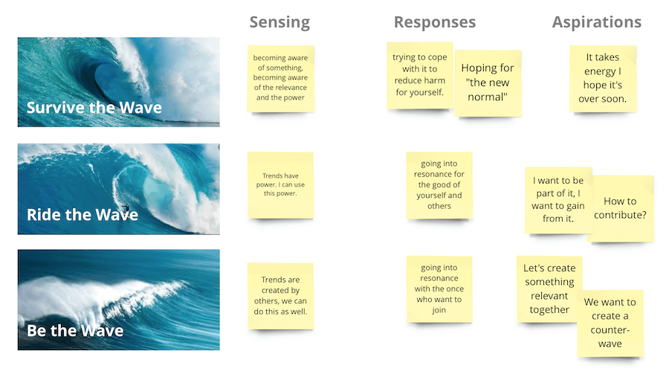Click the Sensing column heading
(279, 22)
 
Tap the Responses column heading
(434, 22)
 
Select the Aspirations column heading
(596, 22)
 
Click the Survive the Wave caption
(94, 108)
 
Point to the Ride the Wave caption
(83, 215)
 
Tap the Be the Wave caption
(75, 331)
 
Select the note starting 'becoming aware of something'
(281, 79)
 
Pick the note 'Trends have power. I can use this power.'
(280, 185)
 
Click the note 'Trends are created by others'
(280, 296)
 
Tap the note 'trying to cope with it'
(420, 75)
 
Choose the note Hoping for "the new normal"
(488, 83)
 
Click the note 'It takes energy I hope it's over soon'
(603, 79)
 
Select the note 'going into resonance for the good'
(439, 185)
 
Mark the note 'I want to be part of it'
(558, 200)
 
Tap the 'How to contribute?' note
(621, 208)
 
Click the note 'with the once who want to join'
(439, 289)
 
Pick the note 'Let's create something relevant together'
(549, 289)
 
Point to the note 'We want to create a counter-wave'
(610, 323)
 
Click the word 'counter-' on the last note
(610, 330)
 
